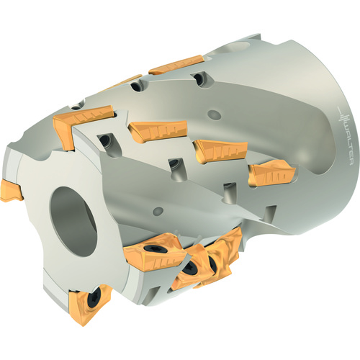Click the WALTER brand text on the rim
pyautogui.click(x=346, y=145)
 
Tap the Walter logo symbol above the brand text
pyautogui.click(x=343, y=117)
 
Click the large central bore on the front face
pyautogui.click(x=73, y=221)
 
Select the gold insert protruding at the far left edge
pyautogui.click(x=11, y=191)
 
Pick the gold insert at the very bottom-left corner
pyautogui.click(x=90, y=303)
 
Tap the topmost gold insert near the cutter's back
pyautogui.click(x=176, y=64)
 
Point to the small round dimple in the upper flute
pyautogui.click(x=215, y=114)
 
